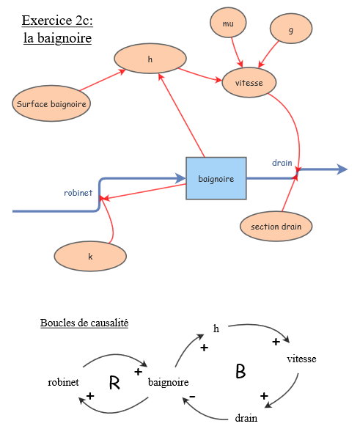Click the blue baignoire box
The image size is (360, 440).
pyautogui.click(x=216, y=178)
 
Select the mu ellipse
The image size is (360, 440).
pyautogui.click(x=228, y=24)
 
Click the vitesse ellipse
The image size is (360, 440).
pyautogui.click(x=249, y=83)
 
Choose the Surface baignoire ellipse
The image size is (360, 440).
pyautogui.click(x=51, y=104)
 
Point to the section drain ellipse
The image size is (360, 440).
pyautogui.click(x=276, y=227)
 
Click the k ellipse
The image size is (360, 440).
pyautogui.click(x=90, y=257)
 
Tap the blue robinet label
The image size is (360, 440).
pyautogui.click(x=78, y=193)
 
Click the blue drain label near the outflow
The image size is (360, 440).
pyautogui.click(x=282, y=161)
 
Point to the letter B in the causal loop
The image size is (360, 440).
pyautogui.click(x=240, y=372)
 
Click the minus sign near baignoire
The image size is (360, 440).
pyautogui.click(x=192, y=397)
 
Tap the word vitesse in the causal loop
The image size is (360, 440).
pyautogui.click(x=301, y=359)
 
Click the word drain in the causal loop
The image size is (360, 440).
pyautogui.click(x=246, y=419)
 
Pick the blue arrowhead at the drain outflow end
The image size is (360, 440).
pyautogui.click(x=342, y=169)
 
